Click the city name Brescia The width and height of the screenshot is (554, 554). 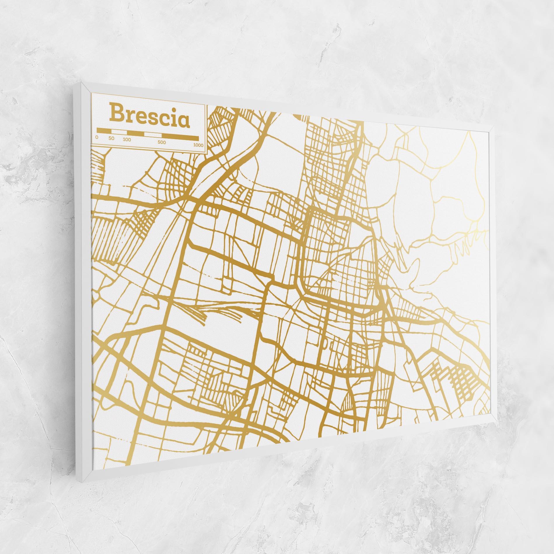149,117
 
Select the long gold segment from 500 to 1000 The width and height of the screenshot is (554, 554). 180,137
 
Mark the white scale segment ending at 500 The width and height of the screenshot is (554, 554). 153,134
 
